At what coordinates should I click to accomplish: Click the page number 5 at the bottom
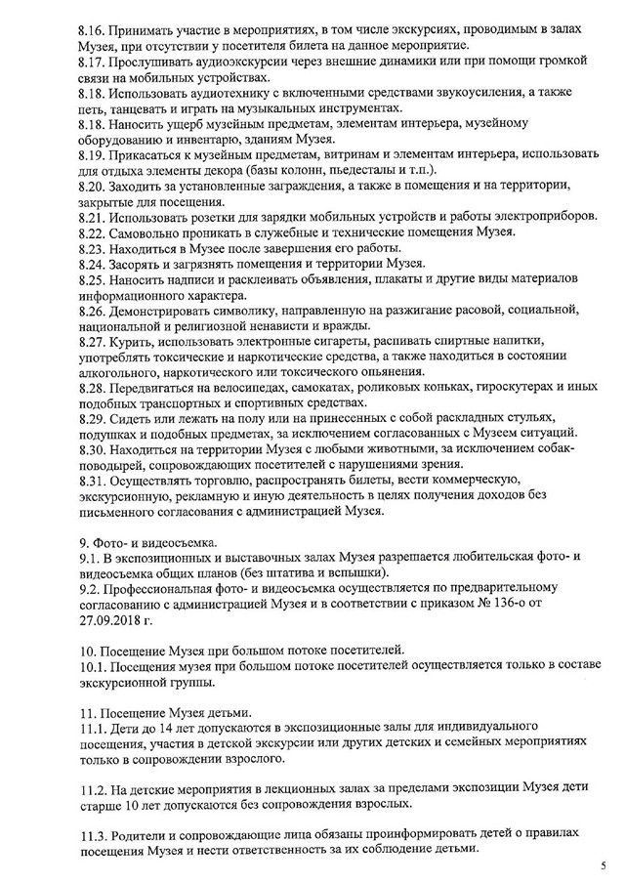(603, 865)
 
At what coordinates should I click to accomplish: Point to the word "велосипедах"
(240, 388)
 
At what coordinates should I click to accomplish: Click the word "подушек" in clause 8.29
(113, 434)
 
